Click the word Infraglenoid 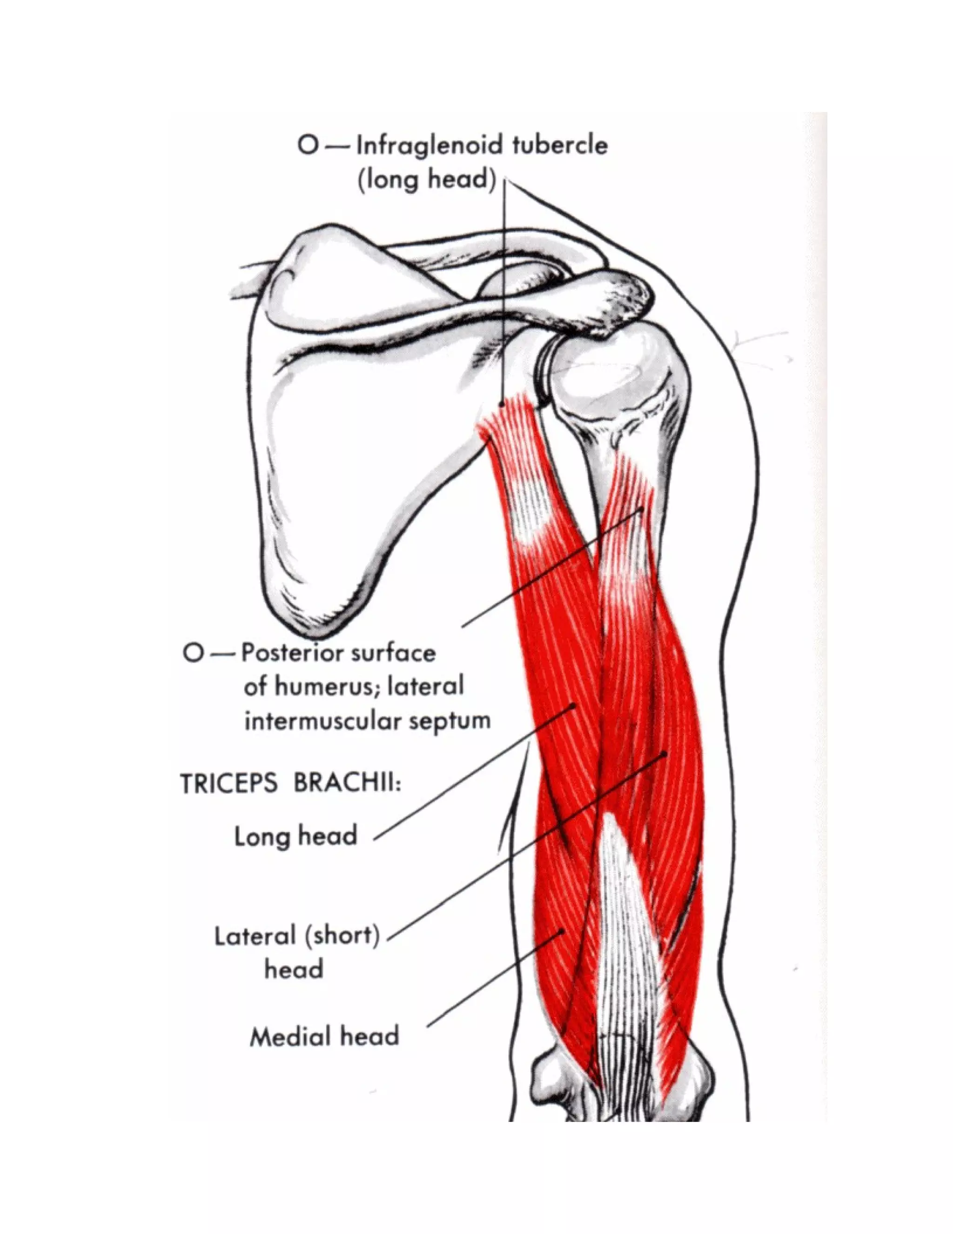pos(431,146)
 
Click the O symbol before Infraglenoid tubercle pos(308,146)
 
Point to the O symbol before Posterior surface pos(193,653)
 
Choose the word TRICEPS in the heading pos(228,784)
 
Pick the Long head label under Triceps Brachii pos(296,836)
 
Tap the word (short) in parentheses pos(342,937)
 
